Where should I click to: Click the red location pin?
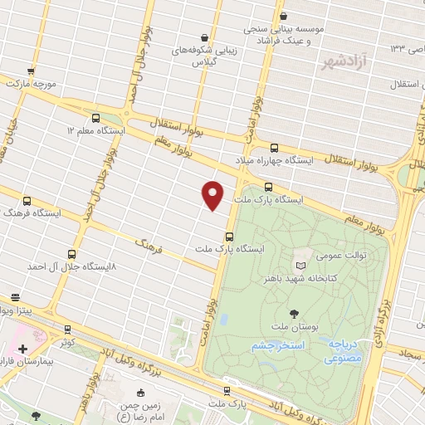[x=213, y=193]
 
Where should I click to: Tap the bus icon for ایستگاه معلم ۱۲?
[x=96, y=118]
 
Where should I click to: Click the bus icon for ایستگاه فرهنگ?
[x=27, y=201]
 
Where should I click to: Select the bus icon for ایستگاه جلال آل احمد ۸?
[x=71, y=254]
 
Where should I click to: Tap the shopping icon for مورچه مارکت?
[x=31, y=72]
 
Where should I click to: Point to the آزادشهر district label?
[x=344, y=62]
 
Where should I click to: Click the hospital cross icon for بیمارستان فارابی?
[x=22, y=349]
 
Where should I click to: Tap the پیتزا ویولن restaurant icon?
[x=15, y=296]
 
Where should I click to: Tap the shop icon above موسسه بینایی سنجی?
[x=284, y=16]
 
